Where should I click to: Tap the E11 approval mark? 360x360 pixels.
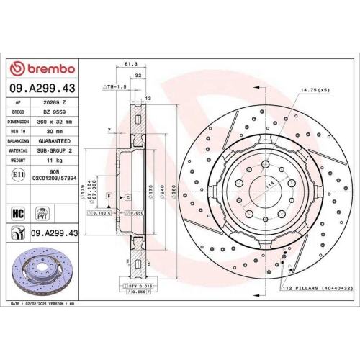(x=18, y=174)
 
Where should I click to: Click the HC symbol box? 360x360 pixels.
(x=19, y=214)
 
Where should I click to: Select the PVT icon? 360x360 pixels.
(x=42, y=214)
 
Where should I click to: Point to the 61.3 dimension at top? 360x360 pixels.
(x=130, y=65)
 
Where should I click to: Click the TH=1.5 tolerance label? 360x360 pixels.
(x=115, y=86)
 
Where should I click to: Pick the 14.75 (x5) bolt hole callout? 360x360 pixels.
(x=314, y=91)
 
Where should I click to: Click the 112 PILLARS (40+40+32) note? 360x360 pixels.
(x=318, y=288)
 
